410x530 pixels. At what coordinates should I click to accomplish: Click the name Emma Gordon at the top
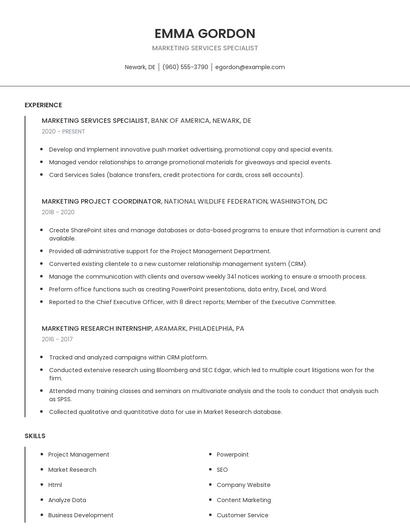(205, 33)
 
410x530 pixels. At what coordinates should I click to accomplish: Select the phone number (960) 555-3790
(185, 67)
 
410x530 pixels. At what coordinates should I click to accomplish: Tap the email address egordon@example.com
(250, 67)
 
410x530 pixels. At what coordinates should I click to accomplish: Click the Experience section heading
(43, 105)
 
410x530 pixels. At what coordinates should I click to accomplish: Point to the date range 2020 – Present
(64, 131)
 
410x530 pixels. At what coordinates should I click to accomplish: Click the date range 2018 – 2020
(58, 212)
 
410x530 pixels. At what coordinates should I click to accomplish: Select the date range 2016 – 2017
(57, 339)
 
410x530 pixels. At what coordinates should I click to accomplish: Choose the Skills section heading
(35, 436)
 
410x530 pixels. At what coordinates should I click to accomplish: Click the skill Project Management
(79, 455)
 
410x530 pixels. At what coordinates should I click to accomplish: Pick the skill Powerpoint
(233, 455)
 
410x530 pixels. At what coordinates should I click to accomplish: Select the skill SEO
(222, 470)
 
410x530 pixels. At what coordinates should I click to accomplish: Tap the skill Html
(55, 485)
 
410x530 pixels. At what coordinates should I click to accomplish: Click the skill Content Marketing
(243, 500)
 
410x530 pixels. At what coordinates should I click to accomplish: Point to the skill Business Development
(81, 515)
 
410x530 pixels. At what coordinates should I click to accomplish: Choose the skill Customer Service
(242, 515)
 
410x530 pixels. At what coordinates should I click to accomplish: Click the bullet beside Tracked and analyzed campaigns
(42, 357)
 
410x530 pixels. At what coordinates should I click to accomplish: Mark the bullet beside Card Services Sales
(42, 174)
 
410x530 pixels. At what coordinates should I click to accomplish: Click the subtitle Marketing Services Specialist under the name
(205, 48)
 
